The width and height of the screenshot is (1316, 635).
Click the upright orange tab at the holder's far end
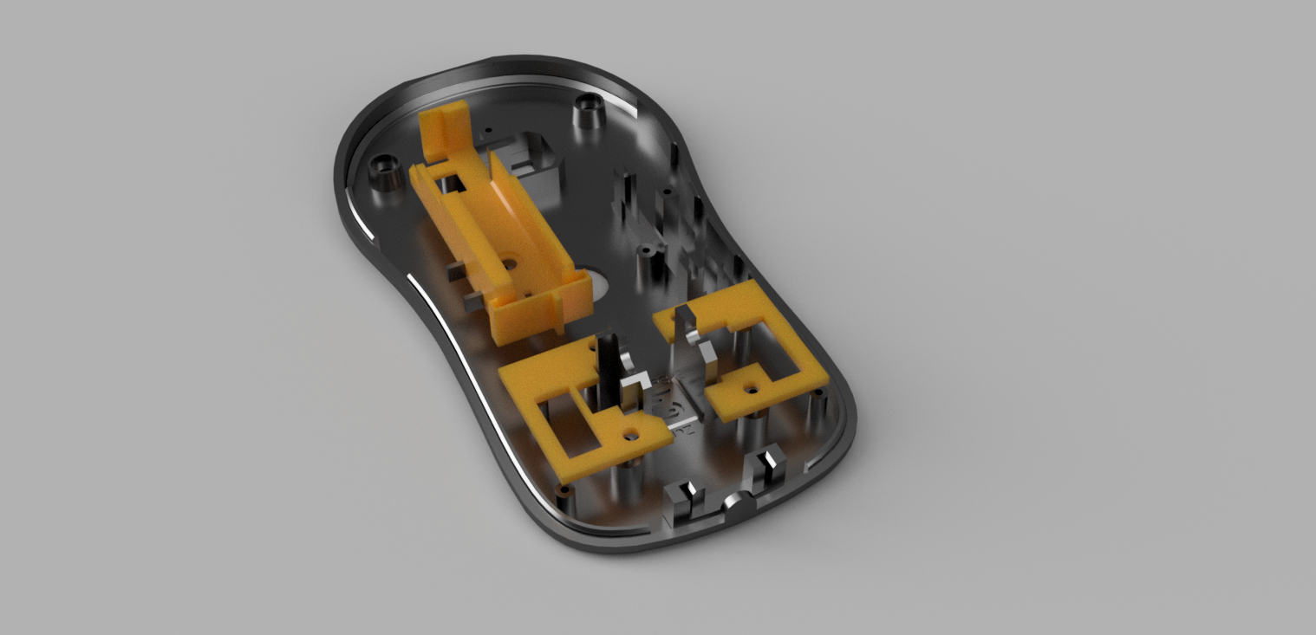point(444,132)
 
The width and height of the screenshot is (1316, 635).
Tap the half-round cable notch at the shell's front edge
point(736,503)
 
